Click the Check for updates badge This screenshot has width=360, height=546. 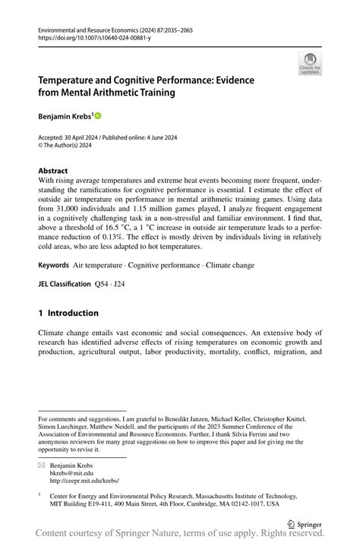[311, 64]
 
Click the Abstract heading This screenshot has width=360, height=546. [53, 171]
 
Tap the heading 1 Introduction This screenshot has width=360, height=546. [68, 312]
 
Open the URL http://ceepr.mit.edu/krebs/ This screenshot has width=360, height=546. [84, 481]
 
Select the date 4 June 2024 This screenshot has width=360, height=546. [166, 138]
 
